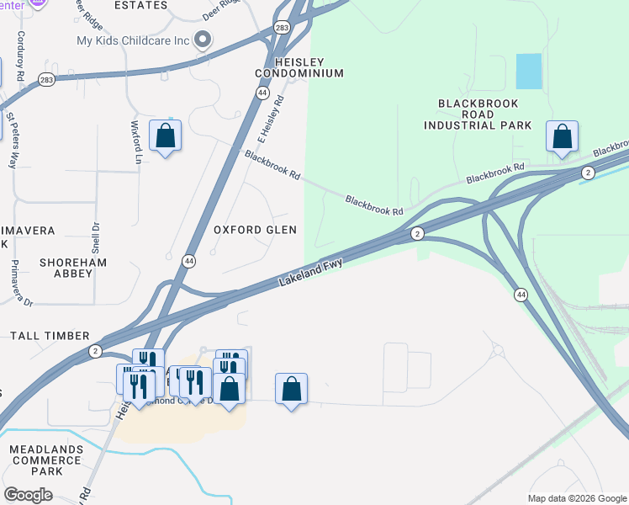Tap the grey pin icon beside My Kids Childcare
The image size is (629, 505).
click(x=203, y=40)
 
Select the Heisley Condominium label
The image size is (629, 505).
click(x=299, y=67)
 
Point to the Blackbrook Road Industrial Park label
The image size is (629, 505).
click(x=478, y=114)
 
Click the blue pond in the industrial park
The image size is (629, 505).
click(x=528, y=72)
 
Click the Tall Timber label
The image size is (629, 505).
click(x=50, y=336)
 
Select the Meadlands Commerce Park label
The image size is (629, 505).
click(x=47, y=460)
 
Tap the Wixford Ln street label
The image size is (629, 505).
click(x=135, y=140)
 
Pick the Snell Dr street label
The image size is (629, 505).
click(x=96, y=237)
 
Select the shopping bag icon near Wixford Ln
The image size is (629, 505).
click(x=165, y=136)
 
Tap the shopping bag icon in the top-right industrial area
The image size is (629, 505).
click(x=562, y=137)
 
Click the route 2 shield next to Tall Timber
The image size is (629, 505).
click(x=96, y=350)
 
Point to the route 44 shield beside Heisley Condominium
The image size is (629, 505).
click(x=263, y=93)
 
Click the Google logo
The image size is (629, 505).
click(x=28, y=495)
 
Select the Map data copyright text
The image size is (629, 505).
click(x=577, y=498)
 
